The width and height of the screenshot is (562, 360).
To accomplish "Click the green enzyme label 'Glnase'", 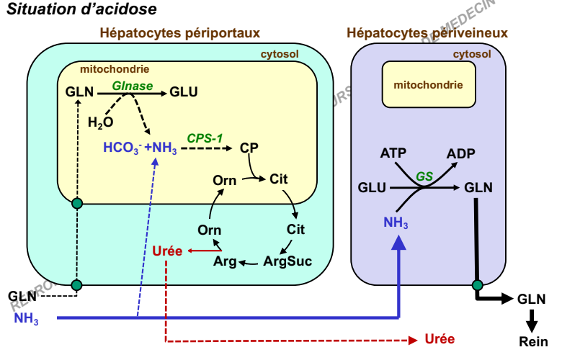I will click(x=133, y=85).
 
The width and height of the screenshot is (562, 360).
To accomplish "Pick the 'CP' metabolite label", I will click(x=249, y=148).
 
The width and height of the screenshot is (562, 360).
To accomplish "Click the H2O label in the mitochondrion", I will click(x=100, y=122).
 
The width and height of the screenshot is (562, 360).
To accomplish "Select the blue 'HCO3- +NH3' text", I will click(x=140, y=149).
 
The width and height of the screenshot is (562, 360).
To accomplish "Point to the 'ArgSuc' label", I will click(x=287, y=261).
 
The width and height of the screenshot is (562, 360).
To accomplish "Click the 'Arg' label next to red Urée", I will click(x=225, y=261).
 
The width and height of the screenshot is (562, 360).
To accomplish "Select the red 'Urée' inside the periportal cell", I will click(x=167, y=251).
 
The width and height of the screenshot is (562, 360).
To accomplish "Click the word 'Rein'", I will click(x=533, y=343).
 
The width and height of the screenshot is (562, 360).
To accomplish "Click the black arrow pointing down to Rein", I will click(x=532, y=319).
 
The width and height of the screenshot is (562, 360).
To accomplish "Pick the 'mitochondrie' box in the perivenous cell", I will click(x=428, y=84).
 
